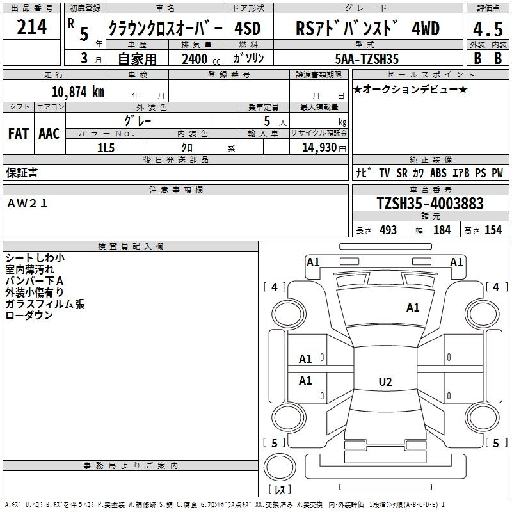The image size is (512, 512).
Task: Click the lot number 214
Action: [31, 27]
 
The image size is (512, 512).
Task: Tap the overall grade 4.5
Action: [488, 29]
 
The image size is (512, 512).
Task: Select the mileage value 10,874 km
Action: [77, 92]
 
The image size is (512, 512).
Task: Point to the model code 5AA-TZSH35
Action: [367, 59]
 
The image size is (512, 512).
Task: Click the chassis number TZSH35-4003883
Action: [430, 203]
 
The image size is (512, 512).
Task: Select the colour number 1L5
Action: [106, 148]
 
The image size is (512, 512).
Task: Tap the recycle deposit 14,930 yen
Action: [324, 148]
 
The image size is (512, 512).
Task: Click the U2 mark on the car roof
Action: [385, 381]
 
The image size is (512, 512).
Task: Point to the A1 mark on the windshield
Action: [413, 308]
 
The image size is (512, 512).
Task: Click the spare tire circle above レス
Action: [280, 467]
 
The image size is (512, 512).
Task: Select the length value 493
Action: [388, 230]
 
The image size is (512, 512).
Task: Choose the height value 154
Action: [493, 230]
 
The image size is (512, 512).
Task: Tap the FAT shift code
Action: [19, 134]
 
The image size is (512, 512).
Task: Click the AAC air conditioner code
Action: [49, 134]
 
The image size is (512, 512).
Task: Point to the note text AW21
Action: [28, 204]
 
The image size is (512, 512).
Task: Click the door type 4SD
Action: [248, 29]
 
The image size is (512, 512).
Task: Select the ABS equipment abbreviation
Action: [438, 173]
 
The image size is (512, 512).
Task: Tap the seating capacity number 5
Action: [267, 121]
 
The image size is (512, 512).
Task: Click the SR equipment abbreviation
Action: [402, 173]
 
